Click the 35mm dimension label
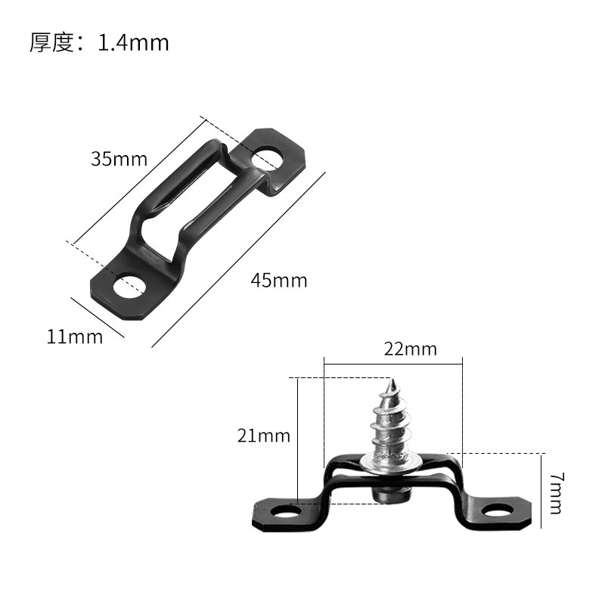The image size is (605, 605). pyautogui.click(x=119, y=159)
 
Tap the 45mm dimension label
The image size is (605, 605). pyautogui.click(x=279, y=281)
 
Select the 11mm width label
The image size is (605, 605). pyautogui.click(x=75, y=337)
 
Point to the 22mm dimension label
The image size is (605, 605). pyautogui.click(x=411, y=349)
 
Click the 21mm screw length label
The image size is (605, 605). pyautogui.click(x=264, y=436)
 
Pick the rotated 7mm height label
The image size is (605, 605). pyautogui.click(x=556, y=493)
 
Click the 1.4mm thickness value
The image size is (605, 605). pyautogui.click(x=134, y=42)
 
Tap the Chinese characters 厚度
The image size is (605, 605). pyautogui.click(x=51, y=42)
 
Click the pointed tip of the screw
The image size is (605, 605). pyautogui.click(x=392, y=379)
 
